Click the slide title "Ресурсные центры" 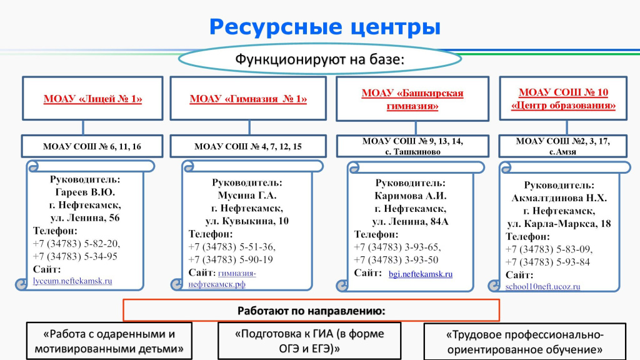[325, 27]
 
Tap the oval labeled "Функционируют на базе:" [320, 59]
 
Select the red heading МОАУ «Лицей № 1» [92, 99]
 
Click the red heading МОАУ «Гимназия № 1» [248, 99]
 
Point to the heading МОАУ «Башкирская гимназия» [412, 99]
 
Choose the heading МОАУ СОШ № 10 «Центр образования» [563, 99]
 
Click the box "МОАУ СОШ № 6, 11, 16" [92, 146]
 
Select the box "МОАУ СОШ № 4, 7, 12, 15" [248, 146]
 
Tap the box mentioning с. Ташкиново [412, 146]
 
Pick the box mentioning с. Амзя [563, 146]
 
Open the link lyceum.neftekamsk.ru [72, 281]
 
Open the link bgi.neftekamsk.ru [421, 274]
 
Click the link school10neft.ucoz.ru [543, 286]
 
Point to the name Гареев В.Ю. [85, 192]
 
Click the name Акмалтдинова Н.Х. [559, 198]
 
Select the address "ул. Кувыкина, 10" [247, 221]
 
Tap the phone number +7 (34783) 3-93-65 [397, 247]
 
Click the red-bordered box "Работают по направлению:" [311, 311]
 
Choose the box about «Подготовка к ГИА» [309, 341]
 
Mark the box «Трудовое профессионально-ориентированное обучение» [525, 342]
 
